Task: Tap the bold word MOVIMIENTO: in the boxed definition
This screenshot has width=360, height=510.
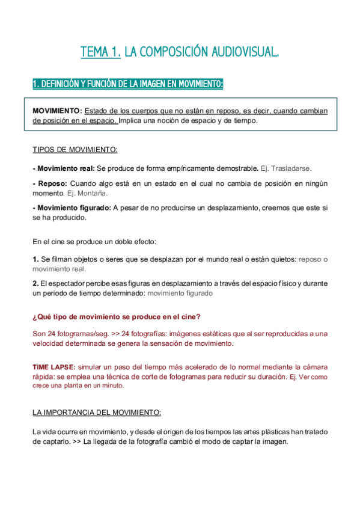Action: tap(57, 111)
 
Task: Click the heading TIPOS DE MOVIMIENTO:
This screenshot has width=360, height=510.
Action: tap(75, 149)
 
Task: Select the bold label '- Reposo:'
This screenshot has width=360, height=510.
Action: tap(49, 183)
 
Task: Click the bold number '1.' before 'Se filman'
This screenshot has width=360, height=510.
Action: tap(35, 259)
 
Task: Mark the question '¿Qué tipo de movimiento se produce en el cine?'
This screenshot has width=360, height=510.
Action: tap(116, 317)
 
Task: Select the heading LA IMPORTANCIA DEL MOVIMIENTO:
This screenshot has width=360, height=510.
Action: tap(96, 413)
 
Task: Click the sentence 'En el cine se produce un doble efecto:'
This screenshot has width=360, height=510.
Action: tap(94, 242)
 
